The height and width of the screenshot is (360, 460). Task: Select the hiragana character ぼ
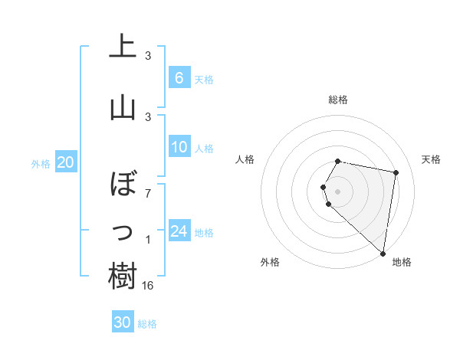coord(123,185)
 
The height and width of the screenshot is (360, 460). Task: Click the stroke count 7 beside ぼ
coord(148,193)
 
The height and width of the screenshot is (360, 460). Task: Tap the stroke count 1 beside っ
coord(148,241)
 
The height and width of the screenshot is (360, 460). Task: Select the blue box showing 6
coord(179,78)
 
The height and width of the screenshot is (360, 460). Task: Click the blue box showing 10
coord(179,147)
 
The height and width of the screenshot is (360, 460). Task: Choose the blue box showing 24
coord(179,231)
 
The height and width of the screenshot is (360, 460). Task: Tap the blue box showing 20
coord(65,162)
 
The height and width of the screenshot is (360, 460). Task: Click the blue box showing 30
coord(123,322)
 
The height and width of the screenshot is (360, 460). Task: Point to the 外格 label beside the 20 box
coord(41,163)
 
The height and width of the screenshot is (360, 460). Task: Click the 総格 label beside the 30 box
coord(147,324)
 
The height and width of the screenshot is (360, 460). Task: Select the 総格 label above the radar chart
coord(338,100)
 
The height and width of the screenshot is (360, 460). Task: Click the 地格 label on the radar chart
coord(402,262)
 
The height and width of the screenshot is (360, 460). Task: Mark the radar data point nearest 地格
coord(383,253)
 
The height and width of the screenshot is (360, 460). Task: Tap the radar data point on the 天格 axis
coord(396,172)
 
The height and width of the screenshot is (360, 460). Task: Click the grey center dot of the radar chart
coord(338,191)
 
